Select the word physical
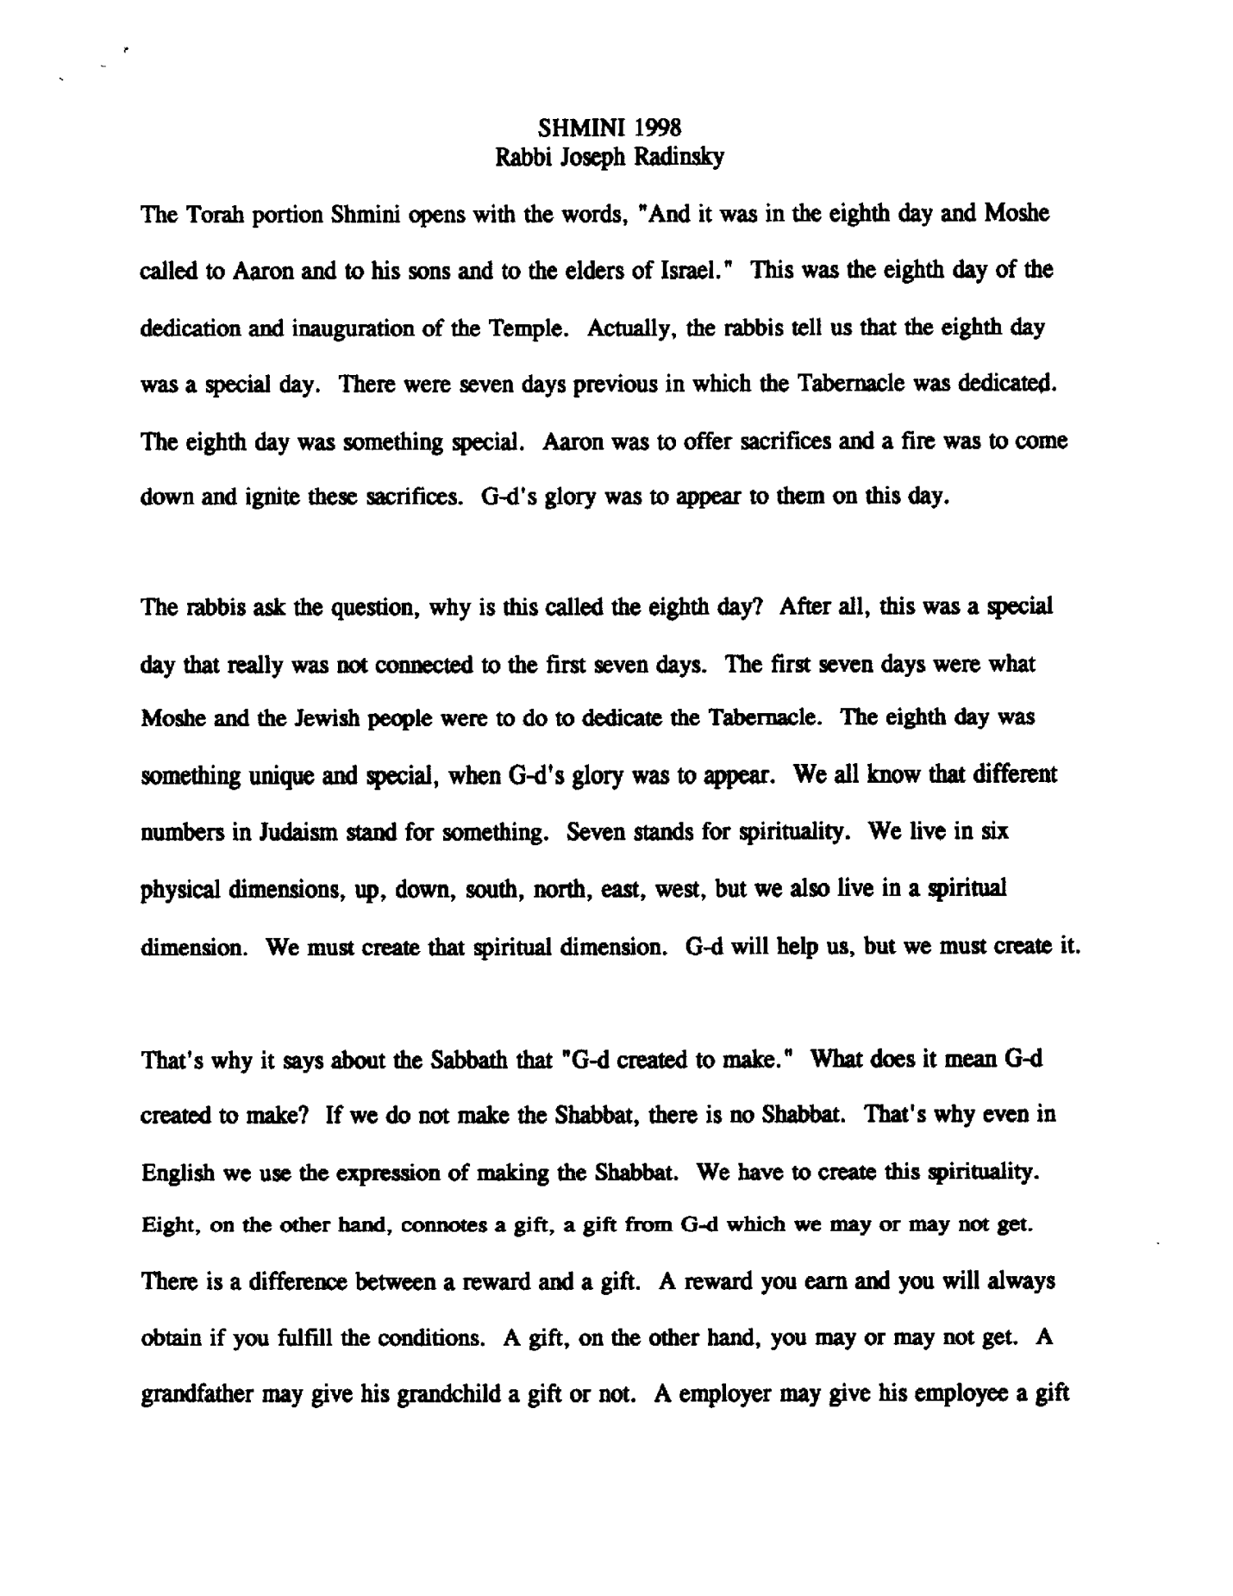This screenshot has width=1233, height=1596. pyautogui.click(x=180, y=889)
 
